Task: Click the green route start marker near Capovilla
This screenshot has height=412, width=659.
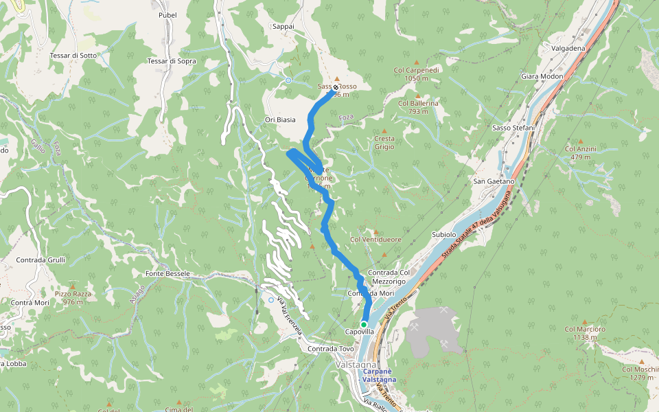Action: click(x=363, y=324)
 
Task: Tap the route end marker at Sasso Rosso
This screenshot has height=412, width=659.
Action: click(x=336, y=88)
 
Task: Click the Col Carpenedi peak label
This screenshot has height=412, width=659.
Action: click(x=417, y=70)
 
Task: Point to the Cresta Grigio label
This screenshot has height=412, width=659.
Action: click(x=384, y=142)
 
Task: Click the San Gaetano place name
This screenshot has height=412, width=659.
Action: click(x=494, y=181)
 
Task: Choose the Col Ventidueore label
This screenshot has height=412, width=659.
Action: click(x=375, y=239)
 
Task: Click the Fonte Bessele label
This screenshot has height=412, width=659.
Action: click(x=167, y=273)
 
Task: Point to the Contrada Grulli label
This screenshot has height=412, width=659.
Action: click(x=41, y=260)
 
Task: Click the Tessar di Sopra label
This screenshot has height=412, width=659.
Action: click(x=172, y=61)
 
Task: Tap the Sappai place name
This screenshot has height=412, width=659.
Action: click(x=283, y=26)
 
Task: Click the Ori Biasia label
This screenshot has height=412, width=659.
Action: click(x=280, y=119)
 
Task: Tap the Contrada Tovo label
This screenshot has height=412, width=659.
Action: click(x=331, y=349)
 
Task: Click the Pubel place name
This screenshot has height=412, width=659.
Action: click(x=167, y=14)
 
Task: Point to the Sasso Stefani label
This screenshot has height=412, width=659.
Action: click(x=513, y=128)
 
